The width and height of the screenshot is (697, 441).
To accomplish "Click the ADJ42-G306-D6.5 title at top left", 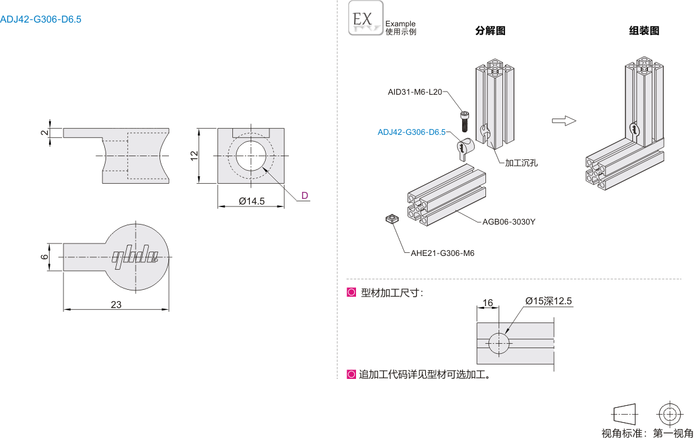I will (41, 19).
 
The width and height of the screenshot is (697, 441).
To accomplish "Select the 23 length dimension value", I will (116, 304).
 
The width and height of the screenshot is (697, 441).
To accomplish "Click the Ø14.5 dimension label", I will (252, 201).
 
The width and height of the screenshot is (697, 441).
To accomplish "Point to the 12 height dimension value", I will (195, 156).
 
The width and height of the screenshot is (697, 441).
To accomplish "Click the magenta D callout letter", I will (305, 195).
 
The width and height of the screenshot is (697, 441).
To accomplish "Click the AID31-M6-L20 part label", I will (415, 92).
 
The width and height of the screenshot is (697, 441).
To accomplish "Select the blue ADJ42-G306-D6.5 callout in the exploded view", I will (411, 132).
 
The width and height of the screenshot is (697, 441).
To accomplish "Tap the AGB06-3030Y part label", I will (509, 221).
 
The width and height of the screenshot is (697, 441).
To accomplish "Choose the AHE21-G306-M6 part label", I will (442, 253).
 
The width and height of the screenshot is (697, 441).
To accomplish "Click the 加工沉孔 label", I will (522, 162).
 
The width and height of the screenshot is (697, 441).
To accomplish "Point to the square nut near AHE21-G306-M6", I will (392, 219).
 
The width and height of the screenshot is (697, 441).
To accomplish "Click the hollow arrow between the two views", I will (563, 120).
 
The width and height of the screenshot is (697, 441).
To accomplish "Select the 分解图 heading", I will (490, 31).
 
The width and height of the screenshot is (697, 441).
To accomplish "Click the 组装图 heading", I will (644, 31).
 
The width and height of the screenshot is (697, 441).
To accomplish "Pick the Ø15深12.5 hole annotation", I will (549, 301).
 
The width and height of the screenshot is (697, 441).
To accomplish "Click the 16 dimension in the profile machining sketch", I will (488, 303).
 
